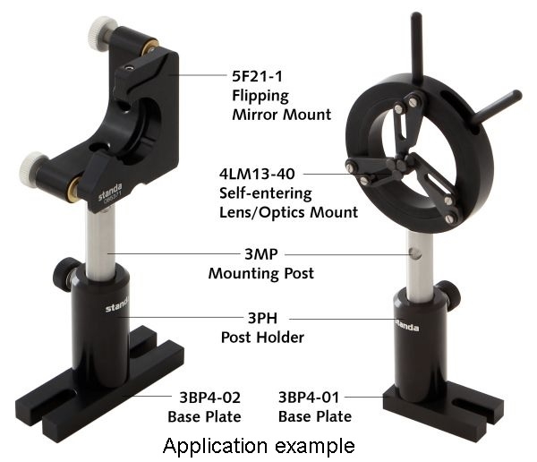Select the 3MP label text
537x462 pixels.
click(260, 254)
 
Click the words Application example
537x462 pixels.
click(260, 445)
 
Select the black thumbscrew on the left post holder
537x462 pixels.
click(63, 271)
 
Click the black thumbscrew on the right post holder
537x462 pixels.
click(452, 294)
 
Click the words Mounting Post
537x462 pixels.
click(260, 273)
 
